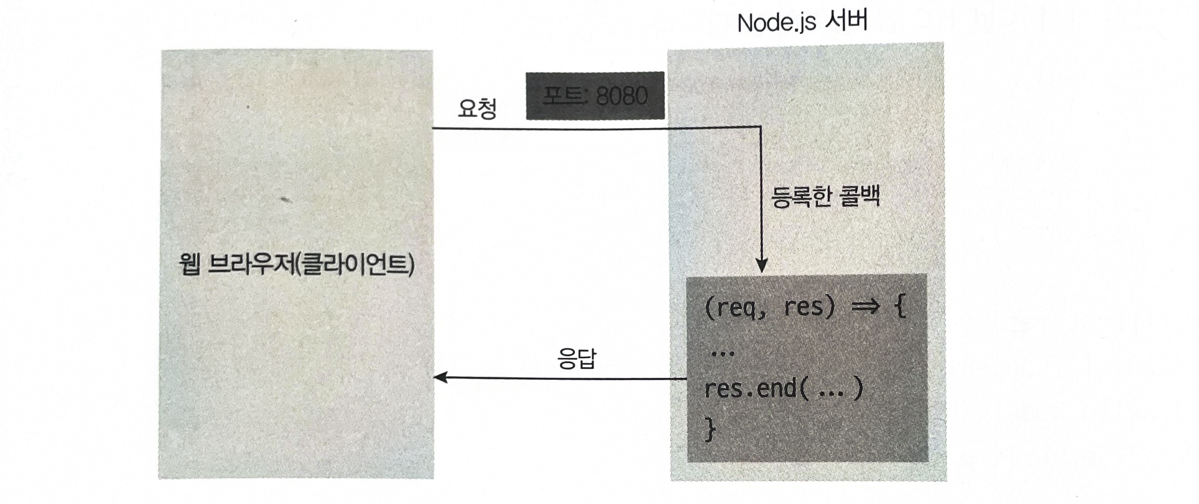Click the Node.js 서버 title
coord(802,22)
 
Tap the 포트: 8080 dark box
coord(595,96)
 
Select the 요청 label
coord(477,109)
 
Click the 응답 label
coord(576,359)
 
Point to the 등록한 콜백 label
coord(825,197)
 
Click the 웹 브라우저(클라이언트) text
coord(296,265)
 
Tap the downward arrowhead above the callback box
coord(762,266)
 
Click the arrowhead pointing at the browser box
coord(441,377)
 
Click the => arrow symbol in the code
coord(865,307)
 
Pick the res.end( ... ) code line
coord(783,389)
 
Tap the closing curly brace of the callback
coord(710,430)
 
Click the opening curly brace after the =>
coord(900,307)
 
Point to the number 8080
coord(621,96)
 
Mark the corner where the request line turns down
coord(761,128)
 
